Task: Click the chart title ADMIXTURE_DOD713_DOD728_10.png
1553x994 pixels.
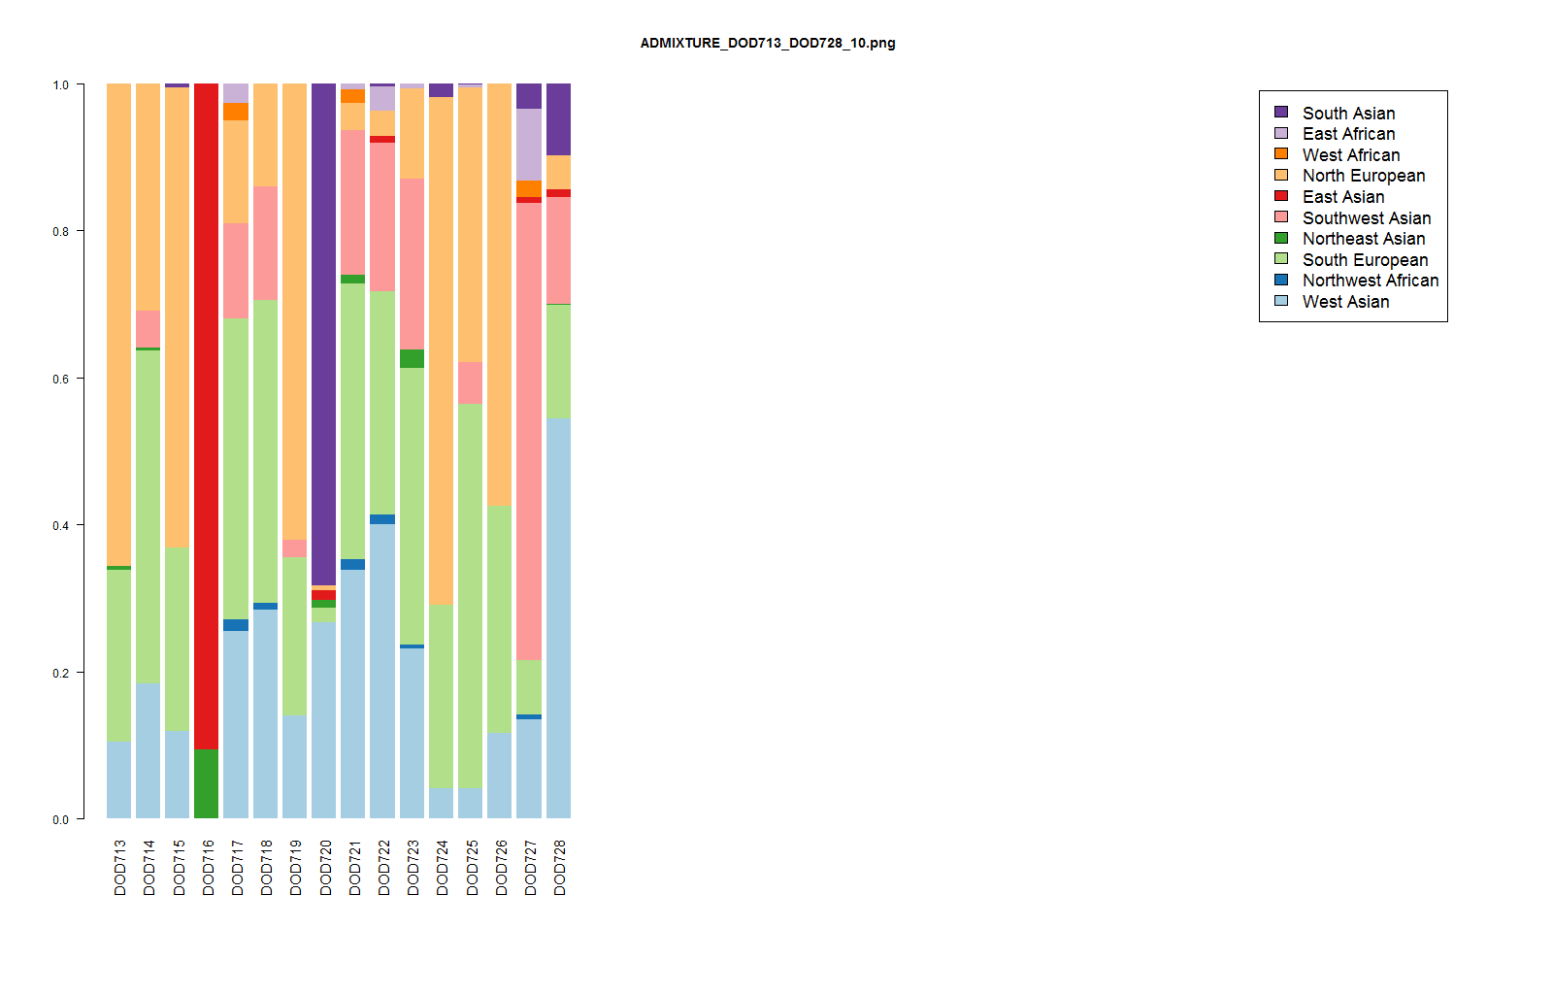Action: (768, 43)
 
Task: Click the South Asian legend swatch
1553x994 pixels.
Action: (1281, 113)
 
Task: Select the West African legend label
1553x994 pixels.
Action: (1351, 155)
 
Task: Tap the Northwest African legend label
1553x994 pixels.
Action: (1371, 281)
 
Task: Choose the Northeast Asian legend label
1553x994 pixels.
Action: (1364, 239)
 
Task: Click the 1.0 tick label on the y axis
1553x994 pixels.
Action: (61, 85)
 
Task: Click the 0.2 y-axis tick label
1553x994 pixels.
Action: (61, 673)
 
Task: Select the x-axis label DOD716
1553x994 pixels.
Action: (208, 867)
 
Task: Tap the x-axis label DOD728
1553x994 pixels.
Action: (559, 867)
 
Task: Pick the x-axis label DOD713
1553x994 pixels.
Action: (120, 867)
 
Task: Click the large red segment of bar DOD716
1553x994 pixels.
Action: (206, 417)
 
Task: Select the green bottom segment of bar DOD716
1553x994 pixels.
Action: (206, 783)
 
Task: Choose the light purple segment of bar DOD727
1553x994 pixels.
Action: (529, 145)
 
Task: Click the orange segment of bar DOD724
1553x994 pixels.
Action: (441, 349)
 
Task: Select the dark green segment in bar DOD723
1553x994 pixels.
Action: (412, 358)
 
